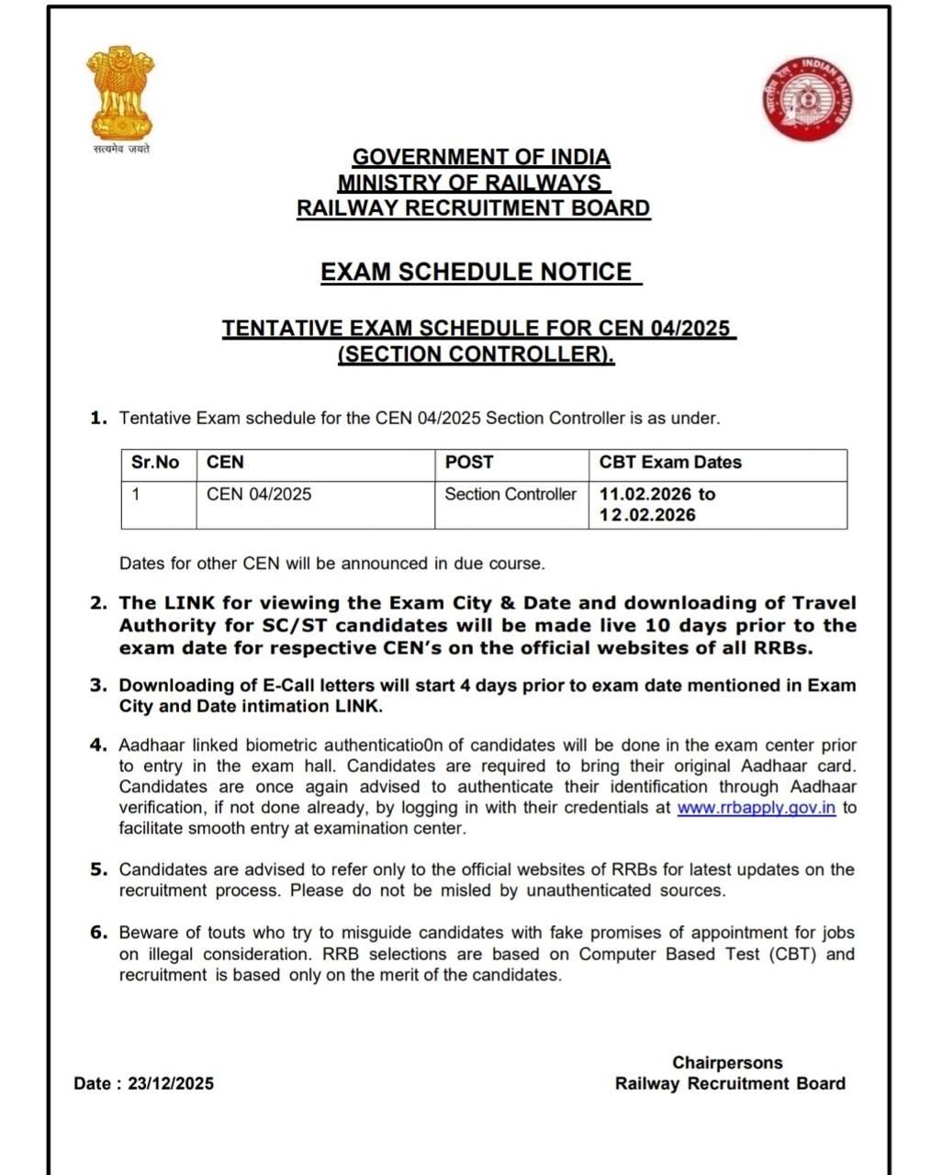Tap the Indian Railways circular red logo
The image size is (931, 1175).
[806, 98]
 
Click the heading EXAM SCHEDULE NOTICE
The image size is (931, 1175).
[476, 272]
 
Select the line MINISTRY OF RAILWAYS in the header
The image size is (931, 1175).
[469, 183]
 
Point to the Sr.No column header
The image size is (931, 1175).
[155, 463]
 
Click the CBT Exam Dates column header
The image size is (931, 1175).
[670, 463]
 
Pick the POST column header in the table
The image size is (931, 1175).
[469, 463]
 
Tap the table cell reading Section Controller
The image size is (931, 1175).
[510, 494]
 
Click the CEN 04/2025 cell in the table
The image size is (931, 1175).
[259, 494]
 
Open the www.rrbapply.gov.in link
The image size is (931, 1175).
[756, 808]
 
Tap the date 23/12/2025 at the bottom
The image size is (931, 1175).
[171, 1083]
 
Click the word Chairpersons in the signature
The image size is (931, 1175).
[727, 1062]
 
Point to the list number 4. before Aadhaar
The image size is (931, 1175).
[99, 744]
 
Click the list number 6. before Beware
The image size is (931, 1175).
[99, 932]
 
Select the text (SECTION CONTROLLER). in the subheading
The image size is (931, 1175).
[476, 353]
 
